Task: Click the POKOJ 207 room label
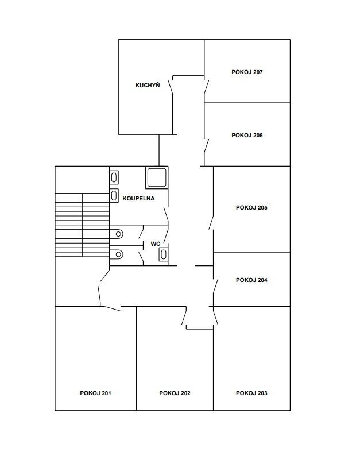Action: [247, 72]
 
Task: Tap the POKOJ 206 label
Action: [247, 136]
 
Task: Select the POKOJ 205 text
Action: [251, 208]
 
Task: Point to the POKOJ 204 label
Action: [251, 280]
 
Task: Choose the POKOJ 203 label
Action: [251, 393]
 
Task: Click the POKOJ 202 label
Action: [175, 393]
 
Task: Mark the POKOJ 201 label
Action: [95, 393]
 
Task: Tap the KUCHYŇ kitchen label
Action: [148, 85]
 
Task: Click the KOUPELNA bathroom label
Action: [138, 199]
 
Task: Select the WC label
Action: [156, 244]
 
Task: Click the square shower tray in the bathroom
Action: [157, 177]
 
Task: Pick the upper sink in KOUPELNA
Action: [114, 177]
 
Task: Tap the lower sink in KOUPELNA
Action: [114, 195]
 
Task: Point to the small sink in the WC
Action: [164, 254]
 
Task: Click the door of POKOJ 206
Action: [207, 146]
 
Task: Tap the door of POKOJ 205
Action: [211, 222]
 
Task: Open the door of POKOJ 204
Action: [215, 286]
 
